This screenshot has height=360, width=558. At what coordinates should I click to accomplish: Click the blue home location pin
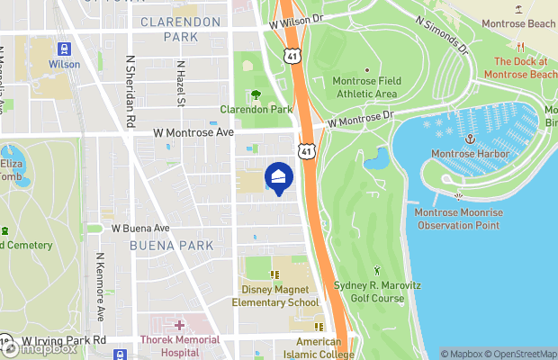[279, 176]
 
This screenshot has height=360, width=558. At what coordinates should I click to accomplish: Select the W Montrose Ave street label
[193, 132]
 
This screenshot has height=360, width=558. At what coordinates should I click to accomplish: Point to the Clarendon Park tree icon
[256, 94]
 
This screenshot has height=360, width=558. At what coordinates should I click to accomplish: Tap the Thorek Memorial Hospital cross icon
[179, 325]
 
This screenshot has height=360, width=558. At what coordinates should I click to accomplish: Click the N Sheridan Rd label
[130, 94]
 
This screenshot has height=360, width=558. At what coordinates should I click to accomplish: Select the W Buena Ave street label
[140, 229]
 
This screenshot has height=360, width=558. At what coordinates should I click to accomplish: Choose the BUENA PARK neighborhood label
[171, 245]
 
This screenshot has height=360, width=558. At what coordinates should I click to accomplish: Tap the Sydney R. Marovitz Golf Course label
[377, 291]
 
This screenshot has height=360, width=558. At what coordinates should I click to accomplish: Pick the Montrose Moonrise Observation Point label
[457, 219]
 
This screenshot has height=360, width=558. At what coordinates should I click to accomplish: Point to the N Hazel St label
[181, 84]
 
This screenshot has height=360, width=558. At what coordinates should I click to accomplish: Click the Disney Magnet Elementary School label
[279, 296]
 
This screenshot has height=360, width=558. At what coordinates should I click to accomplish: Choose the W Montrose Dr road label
[361, 119]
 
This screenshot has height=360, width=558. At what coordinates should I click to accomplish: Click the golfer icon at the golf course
[377, 269]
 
